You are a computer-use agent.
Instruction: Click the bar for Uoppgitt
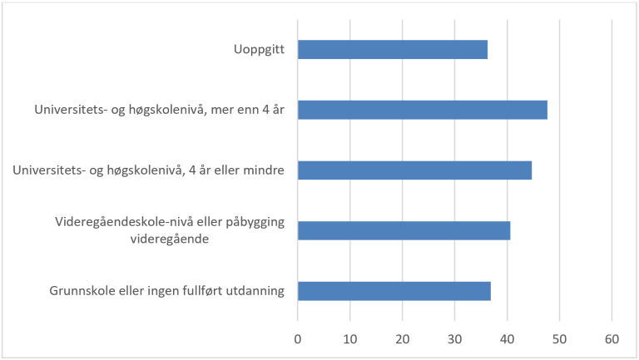pyautogui.click(x=392, y=50)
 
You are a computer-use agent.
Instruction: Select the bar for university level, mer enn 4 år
pyautogui.click(x=422, y=110)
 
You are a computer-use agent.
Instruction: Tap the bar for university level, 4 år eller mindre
pyautogui.click(x=414, y=170)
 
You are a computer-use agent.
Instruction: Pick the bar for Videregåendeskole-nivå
pyautogui.click(x=404, y=230)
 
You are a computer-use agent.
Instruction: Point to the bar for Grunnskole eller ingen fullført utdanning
pyautogui.click(x=394, y=291)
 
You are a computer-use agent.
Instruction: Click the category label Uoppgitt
pyautogui.click(x=260, y=50)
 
